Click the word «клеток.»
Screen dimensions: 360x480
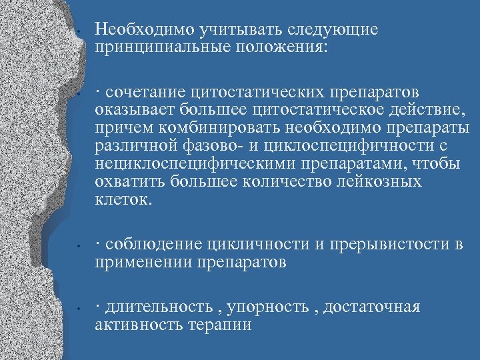[123, 199]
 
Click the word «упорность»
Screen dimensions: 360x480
[267, 307]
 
